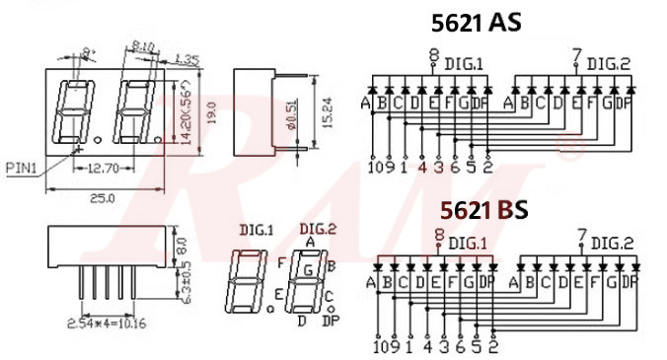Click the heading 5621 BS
(483, 209)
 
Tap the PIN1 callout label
(21, 167)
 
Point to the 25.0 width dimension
(103, 198)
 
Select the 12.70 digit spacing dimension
(100, 169)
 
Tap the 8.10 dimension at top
(142, 45)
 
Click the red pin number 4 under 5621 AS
(423, 167)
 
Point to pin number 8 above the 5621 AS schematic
(433, 55)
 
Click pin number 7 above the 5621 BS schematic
(581, 236)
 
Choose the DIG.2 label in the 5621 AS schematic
(608, 64)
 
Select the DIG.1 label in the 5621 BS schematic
(468, 243)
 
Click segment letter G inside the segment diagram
(309, 267)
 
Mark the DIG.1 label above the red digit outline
(256, 230)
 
